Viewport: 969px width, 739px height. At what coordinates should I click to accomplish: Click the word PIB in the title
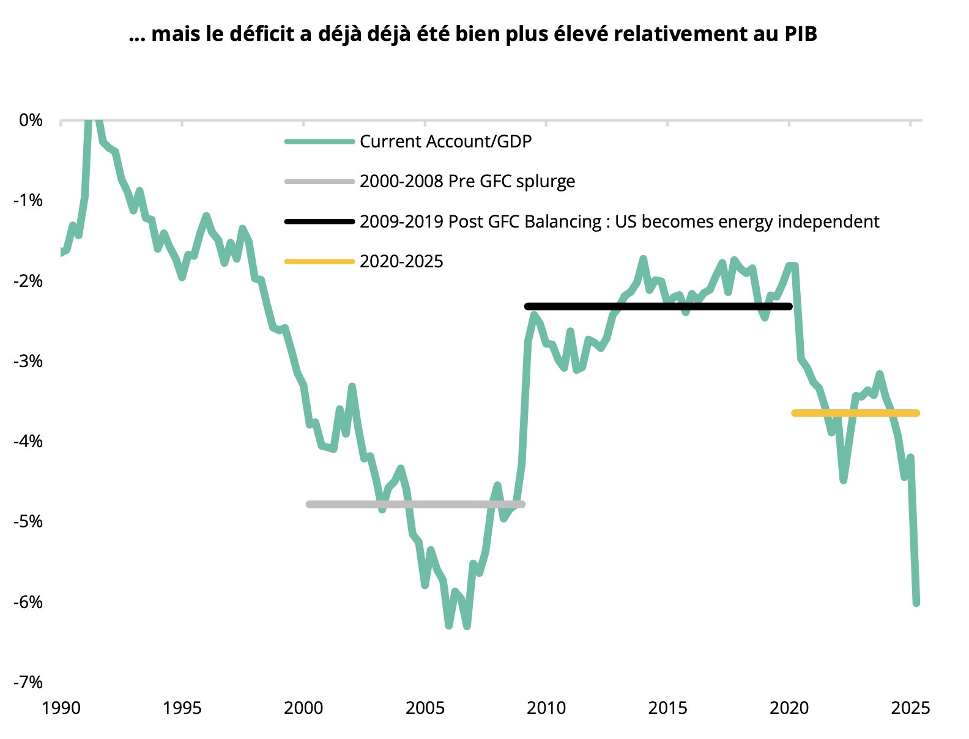800,34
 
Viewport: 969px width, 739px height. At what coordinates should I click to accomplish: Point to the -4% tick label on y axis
28,441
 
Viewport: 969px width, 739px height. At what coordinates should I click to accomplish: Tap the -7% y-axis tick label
28,682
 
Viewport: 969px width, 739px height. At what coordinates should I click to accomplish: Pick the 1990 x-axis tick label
61,708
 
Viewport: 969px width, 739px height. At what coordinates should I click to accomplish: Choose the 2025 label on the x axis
910,708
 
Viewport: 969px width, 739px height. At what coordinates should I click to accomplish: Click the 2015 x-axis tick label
667,708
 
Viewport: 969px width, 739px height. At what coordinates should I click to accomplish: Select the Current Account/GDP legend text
445,142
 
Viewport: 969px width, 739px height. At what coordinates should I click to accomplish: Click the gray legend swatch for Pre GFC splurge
319,182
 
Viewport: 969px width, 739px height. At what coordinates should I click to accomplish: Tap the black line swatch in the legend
319,221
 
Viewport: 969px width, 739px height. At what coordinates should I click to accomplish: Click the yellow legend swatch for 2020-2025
319,262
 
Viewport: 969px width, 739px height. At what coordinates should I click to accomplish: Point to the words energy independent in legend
798,221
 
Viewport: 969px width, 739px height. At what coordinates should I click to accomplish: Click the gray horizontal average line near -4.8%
416,505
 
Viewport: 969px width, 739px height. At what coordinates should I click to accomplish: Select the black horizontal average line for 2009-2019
658,306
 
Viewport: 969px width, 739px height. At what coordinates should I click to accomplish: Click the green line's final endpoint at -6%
916,603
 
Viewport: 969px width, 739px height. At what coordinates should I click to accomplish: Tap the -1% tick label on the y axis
28,201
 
